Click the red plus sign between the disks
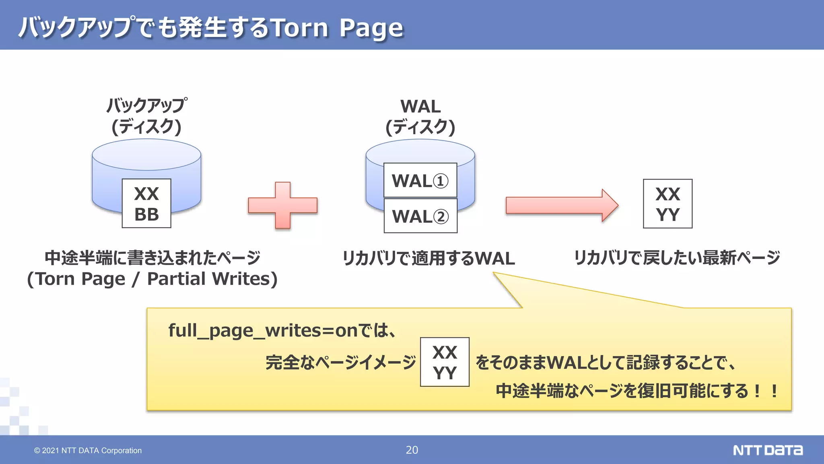pos(283,205)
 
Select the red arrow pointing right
pos(561,205)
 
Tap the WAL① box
pos(420,180)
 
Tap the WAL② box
pos(420,216)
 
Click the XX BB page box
pos(146,203)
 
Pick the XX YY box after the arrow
pos(667,204)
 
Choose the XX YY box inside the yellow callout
pos(445,362)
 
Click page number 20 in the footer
pos(412,450)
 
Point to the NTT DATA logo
pos(767,450)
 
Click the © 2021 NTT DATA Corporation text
pos(88,450)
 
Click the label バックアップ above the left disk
pos(146,106)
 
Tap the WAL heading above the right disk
pos(420,107)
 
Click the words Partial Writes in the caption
pos(212,279)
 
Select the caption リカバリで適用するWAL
pos(428,258)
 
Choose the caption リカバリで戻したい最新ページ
pos(677,258)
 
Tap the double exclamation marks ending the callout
pos(766,391)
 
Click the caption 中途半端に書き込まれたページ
pos(152,258)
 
